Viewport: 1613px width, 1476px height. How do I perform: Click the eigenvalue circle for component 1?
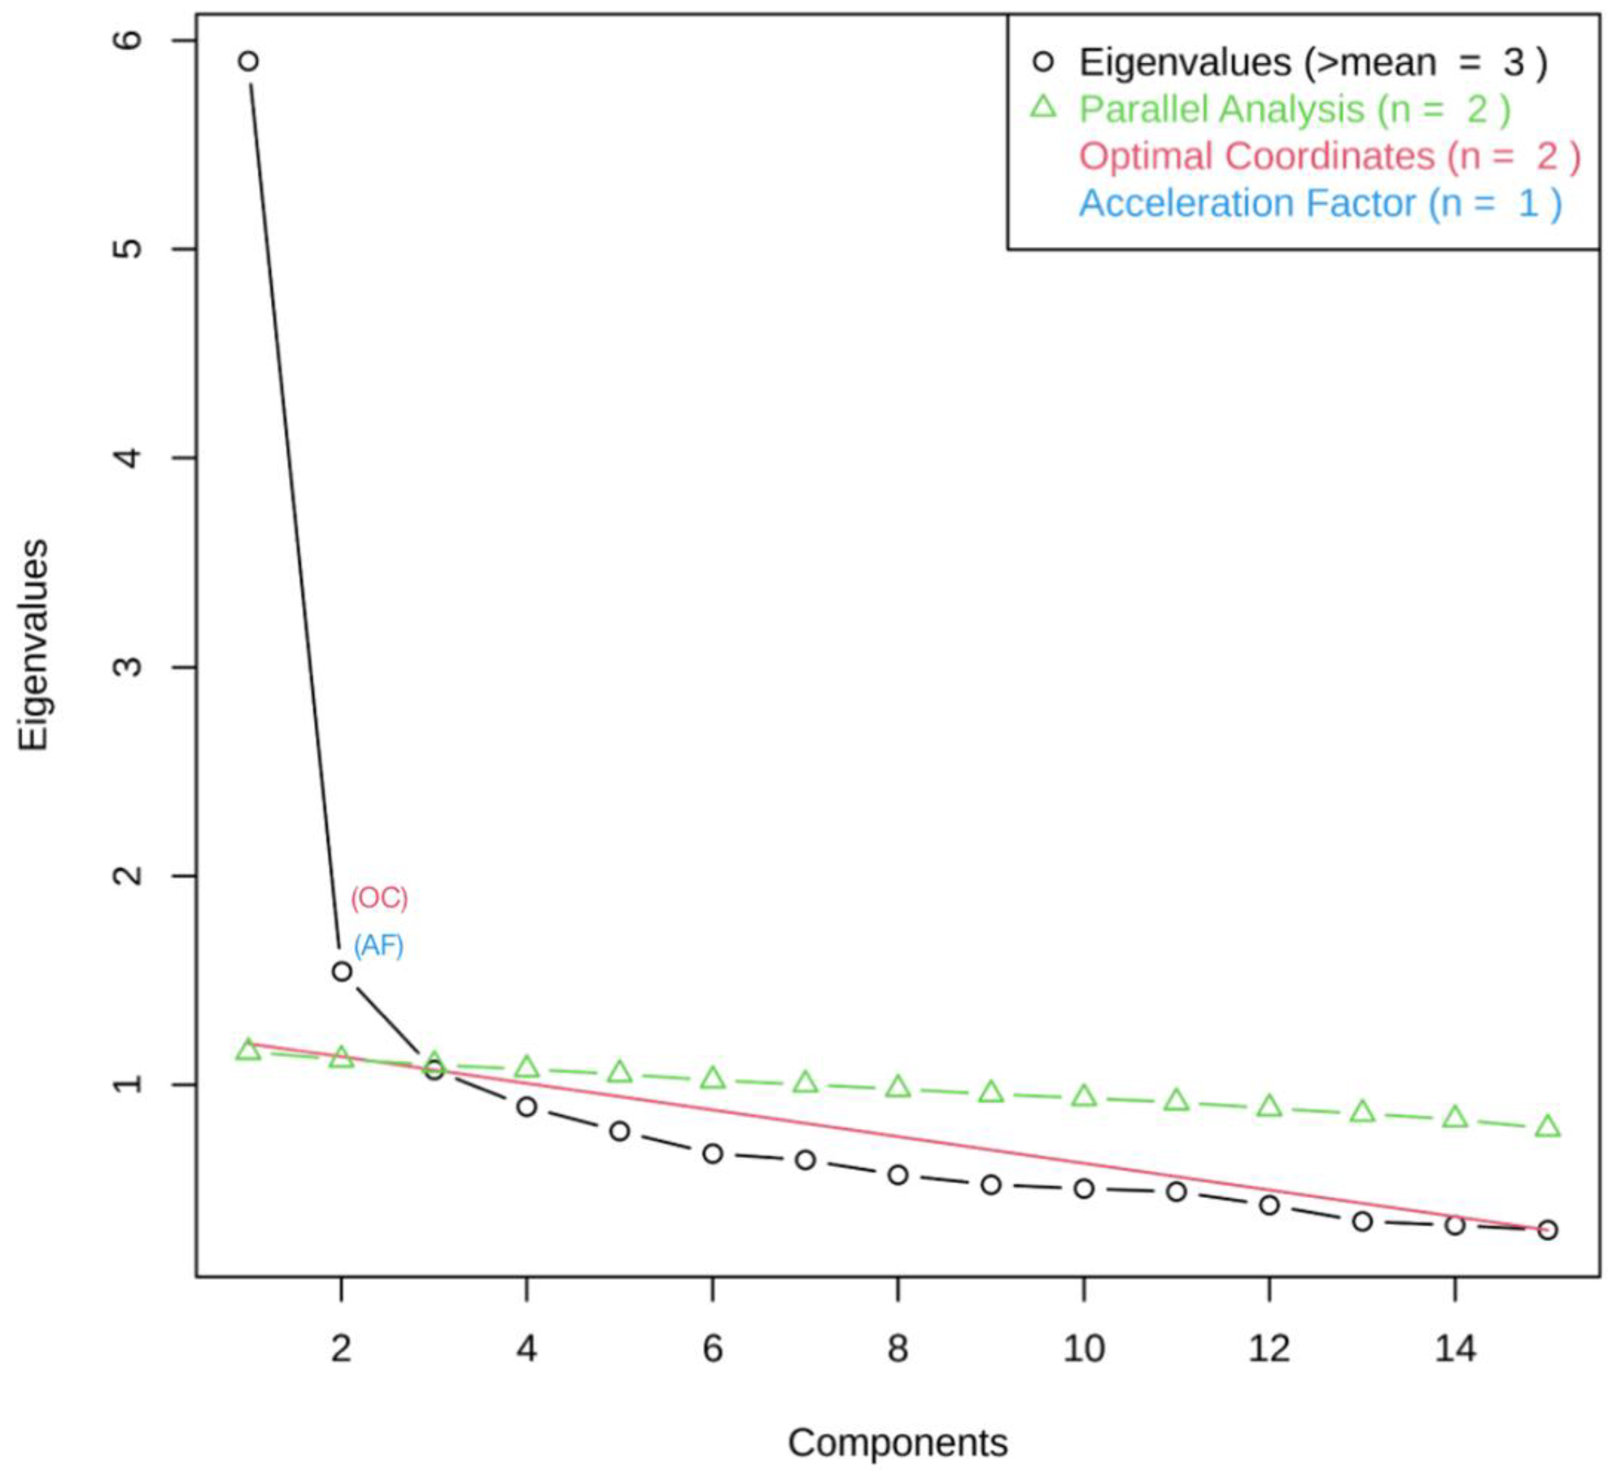point(249,61)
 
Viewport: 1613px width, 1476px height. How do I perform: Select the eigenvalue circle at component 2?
point(341,971)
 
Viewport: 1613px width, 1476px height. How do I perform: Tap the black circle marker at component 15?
point(1548,1230)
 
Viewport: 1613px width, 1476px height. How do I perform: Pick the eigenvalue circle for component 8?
point(898,1175)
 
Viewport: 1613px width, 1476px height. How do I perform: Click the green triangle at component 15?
point(1548,1127)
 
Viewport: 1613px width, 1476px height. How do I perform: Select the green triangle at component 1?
point(249,1050)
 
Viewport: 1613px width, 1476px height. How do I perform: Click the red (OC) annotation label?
point(379,899)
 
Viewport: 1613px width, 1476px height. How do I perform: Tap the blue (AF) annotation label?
point(378,946)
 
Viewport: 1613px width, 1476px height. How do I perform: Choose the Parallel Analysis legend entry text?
point(1294,109)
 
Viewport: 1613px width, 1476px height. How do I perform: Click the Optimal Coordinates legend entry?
point(1329,156)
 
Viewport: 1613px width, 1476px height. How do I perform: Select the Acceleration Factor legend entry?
point(1319,203)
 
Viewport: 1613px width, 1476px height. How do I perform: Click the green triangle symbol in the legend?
point(1043,107)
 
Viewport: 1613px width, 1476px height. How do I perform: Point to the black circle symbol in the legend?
point(1043,62)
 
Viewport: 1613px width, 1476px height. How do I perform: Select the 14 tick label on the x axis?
point(1454,1350)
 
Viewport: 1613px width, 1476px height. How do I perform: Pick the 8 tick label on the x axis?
point(898,1350)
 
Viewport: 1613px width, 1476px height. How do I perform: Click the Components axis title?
point(898,1443)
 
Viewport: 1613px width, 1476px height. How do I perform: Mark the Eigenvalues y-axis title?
point(34,645)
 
